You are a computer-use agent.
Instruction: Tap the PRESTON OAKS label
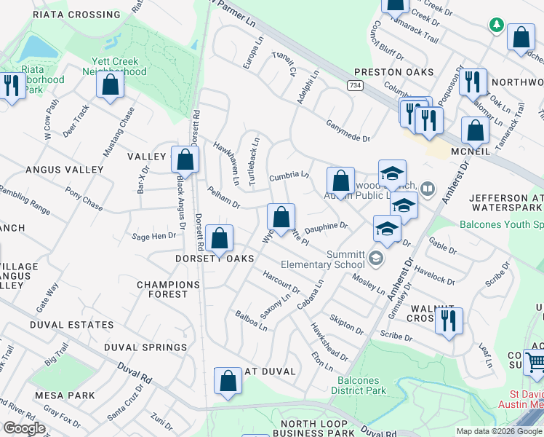(x=393, y=72)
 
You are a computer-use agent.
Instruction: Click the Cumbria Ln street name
(x=289, y=176)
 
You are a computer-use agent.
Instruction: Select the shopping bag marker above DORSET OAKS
(x=220, y=238)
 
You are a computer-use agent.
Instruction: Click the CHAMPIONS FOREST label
(x=168, y=289)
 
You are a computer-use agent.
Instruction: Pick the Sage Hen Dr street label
(x=153, y=235)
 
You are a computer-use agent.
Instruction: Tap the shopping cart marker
(x=535, y=361)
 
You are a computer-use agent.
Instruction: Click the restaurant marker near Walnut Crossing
(x=449, y=320)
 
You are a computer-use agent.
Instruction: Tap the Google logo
(x=24, y=428)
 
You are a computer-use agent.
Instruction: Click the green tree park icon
(x=497, y=25)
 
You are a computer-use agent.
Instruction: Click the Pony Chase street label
(x=84, y=198)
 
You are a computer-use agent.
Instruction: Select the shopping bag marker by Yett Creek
(x=110, y=84)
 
